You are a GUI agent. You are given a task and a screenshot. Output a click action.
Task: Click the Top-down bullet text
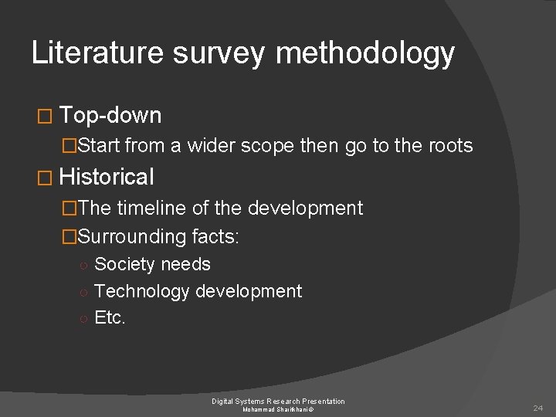110,116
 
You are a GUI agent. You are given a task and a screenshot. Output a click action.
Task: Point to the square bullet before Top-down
42,117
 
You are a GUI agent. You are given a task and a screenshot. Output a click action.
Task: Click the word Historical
107,177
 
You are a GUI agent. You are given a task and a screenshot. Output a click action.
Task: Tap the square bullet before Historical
42,178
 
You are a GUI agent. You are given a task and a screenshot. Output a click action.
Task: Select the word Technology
144,291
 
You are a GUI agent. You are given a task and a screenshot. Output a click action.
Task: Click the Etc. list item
110,317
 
